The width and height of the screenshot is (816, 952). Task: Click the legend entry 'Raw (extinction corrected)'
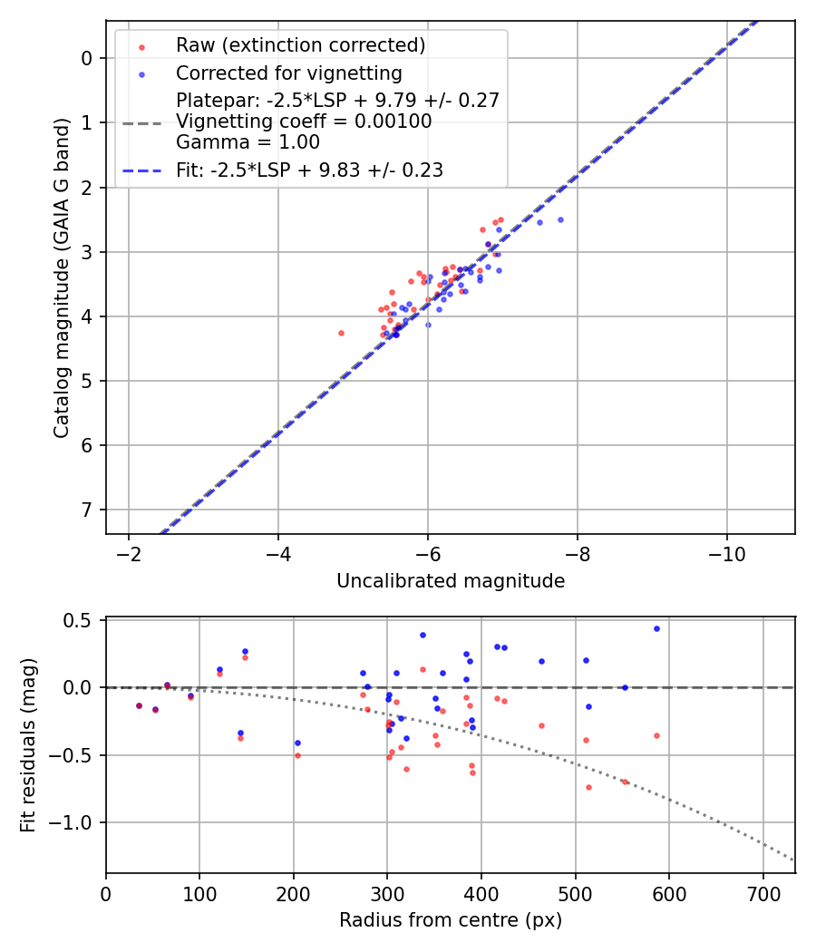(300, 45)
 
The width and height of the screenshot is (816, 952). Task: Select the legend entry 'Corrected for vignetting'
(288, 73)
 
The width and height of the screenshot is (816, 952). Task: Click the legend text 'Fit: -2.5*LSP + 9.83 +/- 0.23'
(309, 170)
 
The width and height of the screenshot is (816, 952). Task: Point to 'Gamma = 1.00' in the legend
(248, 141)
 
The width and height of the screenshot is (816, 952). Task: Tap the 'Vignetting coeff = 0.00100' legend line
(304, 121)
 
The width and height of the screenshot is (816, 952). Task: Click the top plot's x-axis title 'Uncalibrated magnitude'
(451, 581)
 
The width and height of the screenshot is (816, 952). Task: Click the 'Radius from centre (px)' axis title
(451, 920)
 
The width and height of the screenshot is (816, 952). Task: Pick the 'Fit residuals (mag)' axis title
(29, 744)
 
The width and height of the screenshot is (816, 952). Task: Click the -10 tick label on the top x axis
(726, 553)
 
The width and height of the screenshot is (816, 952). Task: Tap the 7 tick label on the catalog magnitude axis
(87, 510)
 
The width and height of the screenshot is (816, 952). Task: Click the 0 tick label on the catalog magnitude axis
(87, 58)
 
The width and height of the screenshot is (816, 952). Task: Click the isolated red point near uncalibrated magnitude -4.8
(341, 333)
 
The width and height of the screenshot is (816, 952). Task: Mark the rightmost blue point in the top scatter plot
(560, 219)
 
